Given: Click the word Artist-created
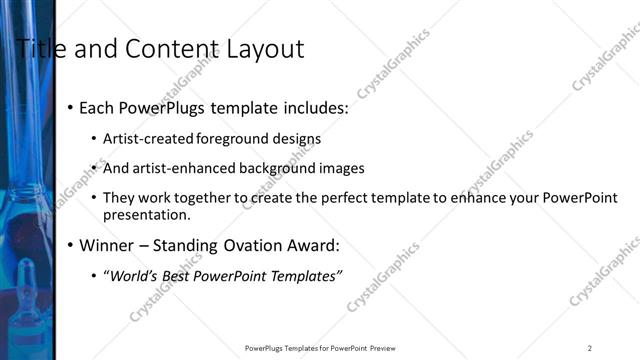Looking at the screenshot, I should (149, 139).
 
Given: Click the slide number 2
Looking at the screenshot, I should (590, 348).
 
